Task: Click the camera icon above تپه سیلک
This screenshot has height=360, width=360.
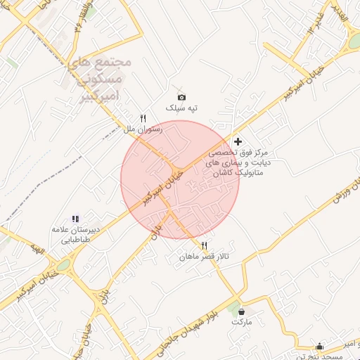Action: tap(181, 97)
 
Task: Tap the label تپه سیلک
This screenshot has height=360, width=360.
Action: tap(181, 108)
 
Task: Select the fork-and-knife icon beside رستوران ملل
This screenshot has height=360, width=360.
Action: tap(143, 118)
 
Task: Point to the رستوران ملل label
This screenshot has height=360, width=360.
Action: tap(143, 129)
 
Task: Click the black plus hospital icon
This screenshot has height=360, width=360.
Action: tap(238, 141)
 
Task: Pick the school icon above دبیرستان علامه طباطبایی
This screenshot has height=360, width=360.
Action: tap(75, 219)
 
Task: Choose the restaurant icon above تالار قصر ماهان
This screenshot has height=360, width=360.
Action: tap(204, 246)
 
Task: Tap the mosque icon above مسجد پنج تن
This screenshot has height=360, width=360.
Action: tap(320, 346)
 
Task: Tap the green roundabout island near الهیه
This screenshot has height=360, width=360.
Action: tap(64, 265)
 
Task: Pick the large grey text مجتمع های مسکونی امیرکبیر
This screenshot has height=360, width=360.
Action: tap(103, 77)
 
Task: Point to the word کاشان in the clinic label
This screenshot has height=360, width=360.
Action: tap(219, 172)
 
